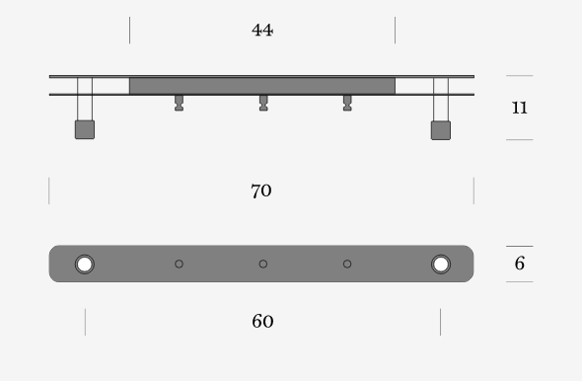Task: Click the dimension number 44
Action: pos(262,30)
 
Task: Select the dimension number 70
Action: pos(261,190)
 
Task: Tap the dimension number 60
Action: pos(262,321)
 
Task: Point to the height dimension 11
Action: pos(519,108)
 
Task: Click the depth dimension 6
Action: pos(520,264)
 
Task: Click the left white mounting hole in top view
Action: pos(85,265)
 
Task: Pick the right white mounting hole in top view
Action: pos(441,265)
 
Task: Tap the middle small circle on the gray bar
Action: pos(263,264)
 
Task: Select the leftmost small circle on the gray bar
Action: pos(179,264)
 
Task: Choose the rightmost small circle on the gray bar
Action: pos(347,264)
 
